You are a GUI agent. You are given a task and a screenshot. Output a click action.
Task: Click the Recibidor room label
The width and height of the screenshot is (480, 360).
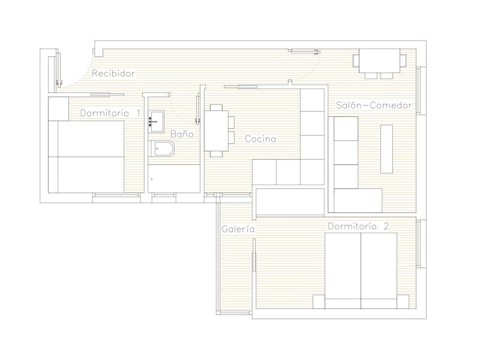pos(113,73)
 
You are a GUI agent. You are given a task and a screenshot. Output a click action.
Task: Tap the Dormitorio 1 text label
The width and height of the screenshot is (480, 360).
pos(110,113)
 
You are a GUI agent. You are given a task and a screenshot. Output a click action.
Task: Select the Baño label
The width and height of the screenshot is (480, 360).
pos(182,134)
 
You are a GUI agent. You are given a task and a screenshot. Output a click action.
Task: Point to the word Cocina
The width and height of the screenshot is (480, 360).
pos(260,139)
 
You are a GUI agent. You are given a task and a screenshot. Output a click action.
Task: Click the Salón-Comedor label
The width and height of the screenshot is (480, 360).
pos(374,106)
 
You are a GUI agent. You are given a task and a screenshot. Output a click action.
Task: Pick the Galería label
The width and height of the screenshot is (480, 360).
pos(238,229)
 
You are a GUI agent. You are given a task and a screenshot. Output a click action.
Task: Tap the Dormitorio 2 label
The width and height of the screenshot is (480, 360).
pos(358,226)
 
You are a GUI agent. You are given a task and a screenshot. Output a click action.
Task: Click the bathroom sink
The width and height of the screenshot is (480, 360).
pos(156,122)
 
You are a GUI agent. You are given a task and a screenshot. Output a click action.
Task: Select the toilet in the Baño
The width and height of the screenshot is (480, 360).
pos(161,149)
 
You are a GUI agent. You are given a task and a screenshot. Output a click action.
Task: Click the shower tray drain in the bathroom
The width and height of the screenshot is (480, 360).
pos(152,179)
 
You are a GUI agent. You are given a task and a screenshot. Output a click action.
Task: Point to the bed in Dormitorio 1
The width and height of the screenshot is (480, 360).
pos(86,157)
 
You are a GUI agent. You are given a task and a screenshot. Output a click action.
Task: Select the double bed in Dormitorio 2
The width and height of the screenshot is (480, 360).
pos(361,271)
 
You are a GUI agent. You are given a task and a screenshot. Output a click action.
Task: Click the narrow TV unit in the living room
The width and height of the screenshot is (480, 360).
pos(386,149)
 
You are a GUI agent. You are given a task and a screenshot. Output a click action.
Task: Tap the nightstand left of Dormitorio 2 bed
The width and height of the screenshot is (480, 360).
pos(319,302)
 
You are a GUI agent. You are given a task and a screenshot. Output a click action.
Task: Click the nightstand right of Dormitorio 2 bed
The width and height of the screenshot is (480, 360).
pos(403,302)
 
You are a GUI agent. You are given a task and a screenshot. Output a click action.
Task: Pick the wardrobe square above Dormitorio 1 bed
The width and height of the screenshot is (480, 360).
pos(58,109)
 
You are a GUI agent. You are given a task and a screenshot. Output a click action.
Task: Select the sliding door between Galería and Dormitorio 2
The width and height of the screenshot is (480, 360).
pos(254,254)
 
